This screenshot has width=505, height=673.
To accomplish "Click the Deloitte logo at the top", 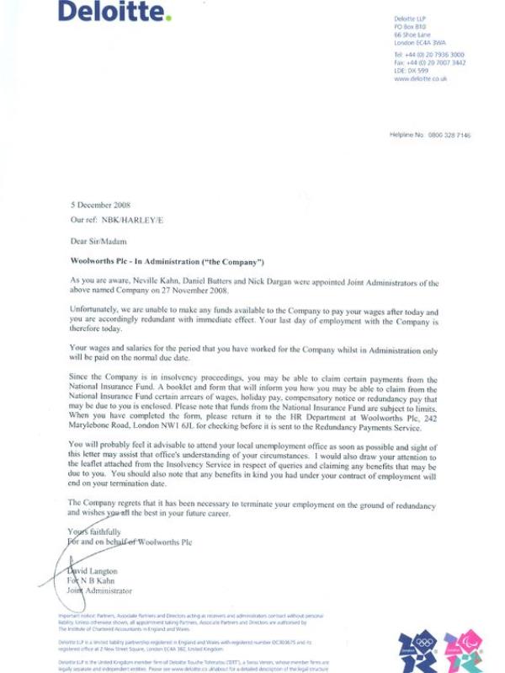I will pos(114,12).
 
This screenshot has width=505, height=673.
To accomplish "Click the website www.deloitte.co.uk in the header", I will pos(420,78).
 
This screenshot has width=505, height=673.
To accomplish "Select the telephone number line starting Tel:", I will pos(428,54).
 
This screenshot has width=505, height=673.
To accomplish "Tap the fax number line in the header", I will pos(428,62).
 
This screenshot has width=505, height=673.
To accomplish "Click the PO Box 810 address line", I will pos(411,26).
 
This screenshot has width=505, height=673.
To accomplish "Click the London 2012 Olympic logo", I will pos(417,649).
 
